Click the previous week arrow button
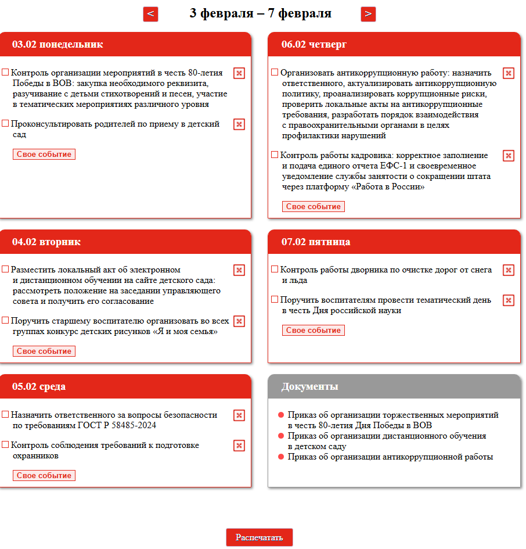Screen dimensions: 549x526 coord(150,14)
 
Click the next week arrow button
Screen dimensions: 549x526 coord(368,14)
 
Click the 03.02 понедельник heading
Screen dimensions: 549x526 coord(57,44)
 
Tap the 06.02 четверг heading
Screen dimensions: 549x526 coord(314,44)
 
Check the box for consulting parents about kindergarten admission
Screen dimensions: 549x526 coord(5,124)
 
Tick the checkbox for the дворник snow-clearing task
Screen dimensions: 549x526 coord(275,270)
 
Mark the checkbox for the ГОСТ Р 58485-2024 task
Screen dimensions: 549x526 coord(5,415)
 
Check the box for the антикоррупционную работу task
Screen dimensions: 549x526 coord(275,73)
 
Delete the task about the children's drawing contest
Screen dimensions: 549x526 coord(239,321)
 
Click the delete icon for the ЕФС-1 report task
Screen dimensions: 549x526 coord(508,156)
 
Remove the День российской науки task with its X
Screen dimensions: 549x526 coord(508,300)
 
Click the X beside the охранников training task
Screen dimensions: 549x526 coord(239,446)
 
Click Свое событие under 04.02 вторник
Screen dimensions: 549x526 coord(44,351)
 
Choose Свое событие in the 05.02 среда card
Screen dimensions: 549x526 coord(44,476)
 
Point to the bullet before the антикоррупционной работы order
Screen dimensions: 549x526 coord(281,457)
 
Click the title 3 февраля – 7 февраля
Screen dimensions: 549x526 coord(260,13)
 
